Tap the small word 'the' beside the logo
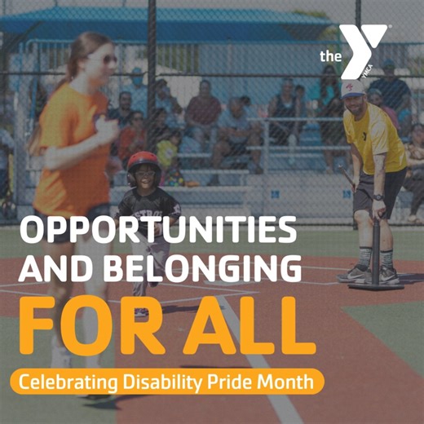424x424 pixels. click(329, 56)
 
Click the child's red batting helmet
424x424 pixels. click(142, 161)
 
